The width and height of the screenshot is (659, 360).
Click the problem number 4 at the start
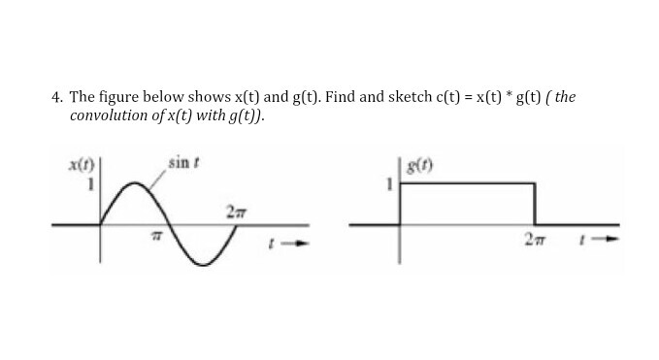[56, 97]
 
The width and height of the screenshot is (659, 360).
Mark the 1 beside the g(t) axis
[391, 183]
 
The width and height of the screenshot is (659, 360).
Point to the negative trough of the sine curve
[202, 264]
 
